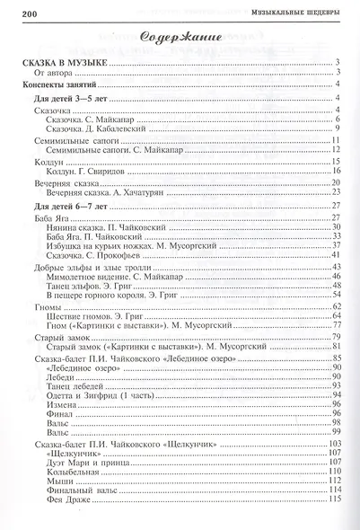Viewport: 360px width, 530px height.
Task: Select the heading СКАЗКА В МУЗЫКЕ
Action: (x=64, y=61)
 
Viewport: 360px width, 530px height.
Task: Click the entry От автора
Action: (x=50, y=71)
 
